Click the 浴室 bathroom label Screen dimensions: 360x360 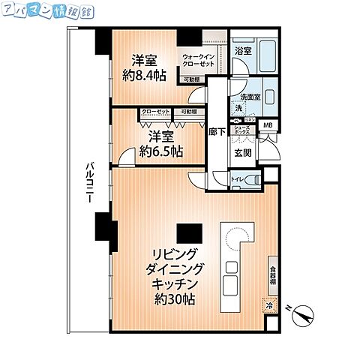[x=242, y=52]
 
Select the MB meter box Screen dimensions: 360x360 [x=268, y=125]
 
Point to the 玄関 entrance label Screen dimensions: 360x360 [x=242, y=152]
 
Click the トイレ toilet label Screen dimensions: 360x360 [x=235, y=179]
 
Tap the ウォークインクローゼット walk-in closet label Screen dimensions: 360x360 [x=199, y=61]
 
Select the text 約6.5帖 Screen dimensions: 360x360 [x=161, y=151]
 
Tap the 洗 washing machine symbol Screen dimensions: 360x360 [x=239, y=109]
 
